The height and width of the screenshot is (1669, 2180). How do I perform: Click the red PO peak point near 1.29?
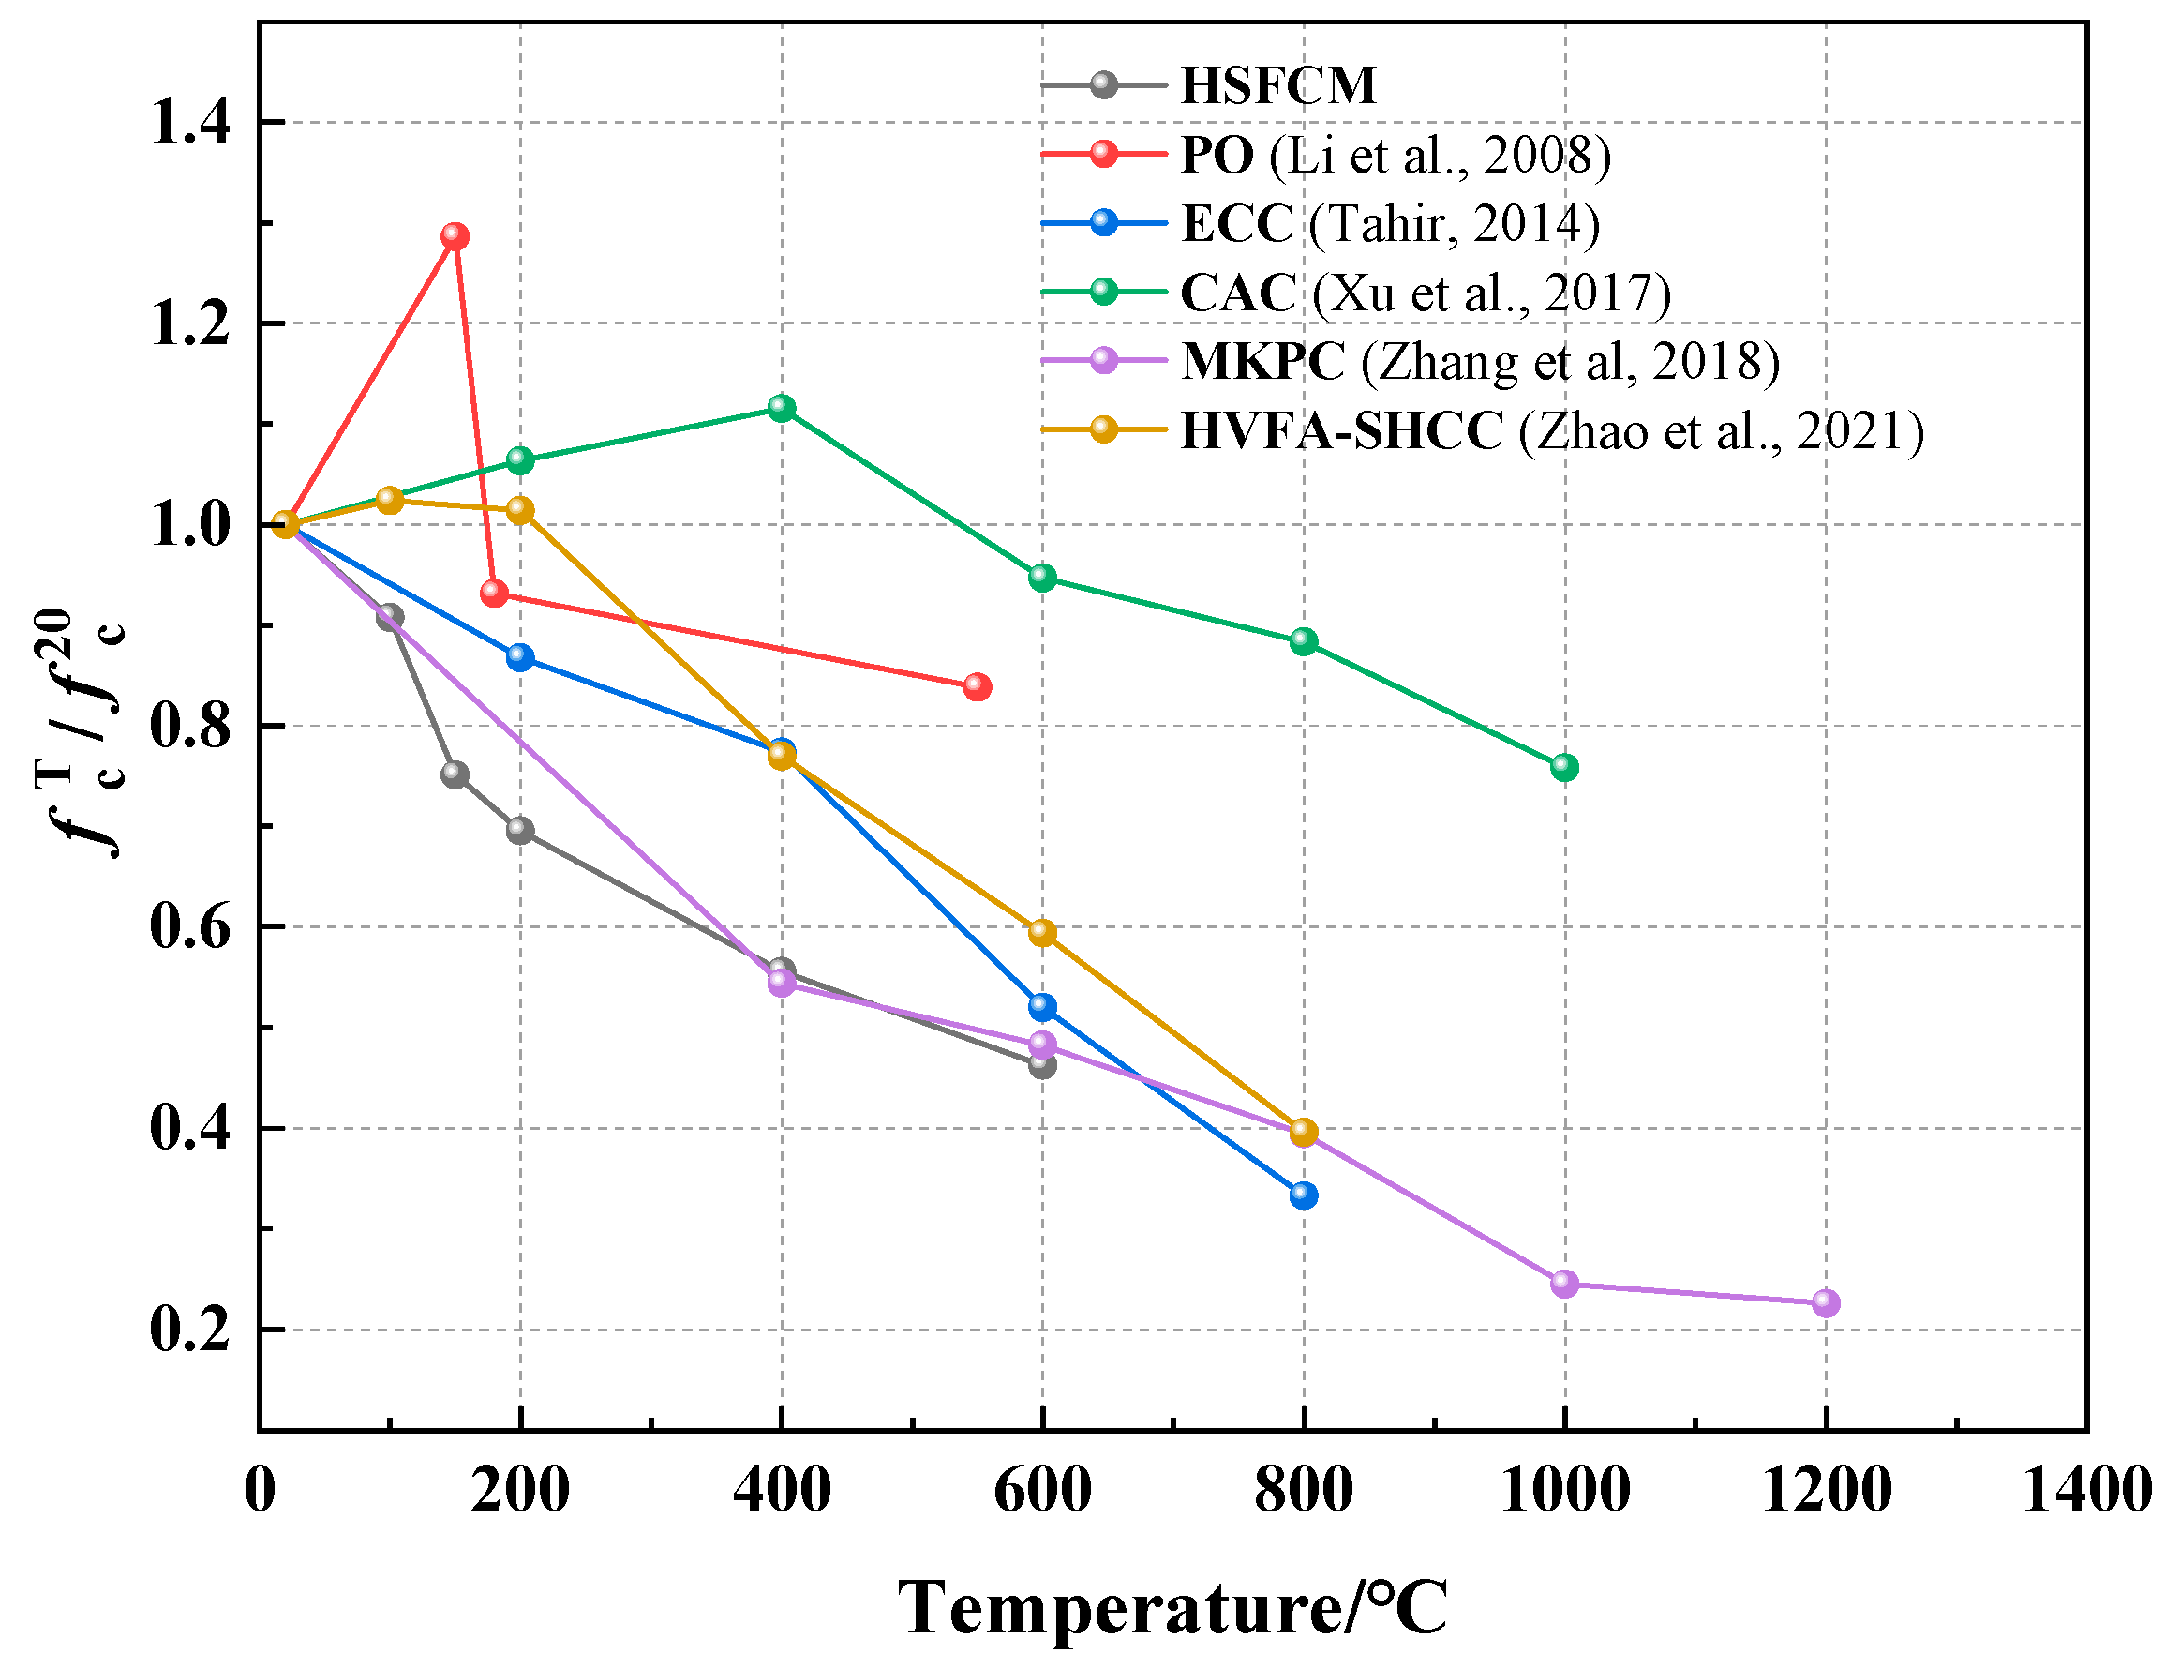point(455,236)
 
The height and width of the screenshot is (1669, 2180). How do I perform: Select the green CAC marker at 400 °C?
point(782,408)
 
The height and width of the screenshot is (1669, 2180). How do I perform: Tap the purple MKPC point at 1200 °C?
point(1826,1302)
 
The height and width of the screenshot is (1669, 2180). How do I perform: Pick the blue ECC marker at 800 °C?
point(1303,1195)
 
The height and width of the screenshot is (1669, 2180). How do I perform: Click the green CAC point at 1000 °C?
point(1564,767)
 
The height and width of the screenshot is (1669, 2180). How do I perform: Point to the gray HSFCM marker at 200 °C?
point(519,830)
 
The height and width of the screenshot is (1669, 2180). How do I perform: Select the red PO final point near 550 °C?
point(978,686)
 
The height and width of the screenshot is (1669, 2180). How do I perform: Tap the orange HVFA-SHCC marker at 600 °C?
point(1042,932)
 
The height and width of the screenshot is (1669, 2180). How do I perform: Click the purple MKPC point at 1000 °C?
point(1564,1284)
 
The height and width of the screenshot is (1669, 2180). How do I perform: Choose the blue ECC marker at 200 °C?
point(519,657)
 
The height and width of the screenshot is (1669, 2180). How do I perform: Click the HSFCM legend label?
point(1278,85)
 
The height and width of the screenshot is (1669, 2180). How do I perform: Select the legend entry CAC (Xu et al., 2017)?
point(1426,293)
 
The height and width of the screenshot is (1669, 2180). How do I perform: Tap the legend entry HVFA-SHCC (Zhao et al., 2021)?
point(1551,431)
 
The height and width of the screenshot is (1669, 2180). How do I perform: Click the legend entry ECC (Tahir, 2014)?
point(1389,223)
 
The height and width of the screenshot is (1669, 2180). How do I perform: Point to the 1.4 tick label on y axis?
point(189,123)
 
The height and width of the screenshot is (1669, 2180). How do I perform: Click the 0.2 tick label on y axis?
point(189,1330)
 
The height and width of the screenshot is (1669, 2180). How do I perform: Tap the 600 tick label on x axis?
point(1042,1491)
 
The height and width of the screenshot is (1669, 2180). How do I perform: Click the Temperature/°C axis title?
point(1172,1608)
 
